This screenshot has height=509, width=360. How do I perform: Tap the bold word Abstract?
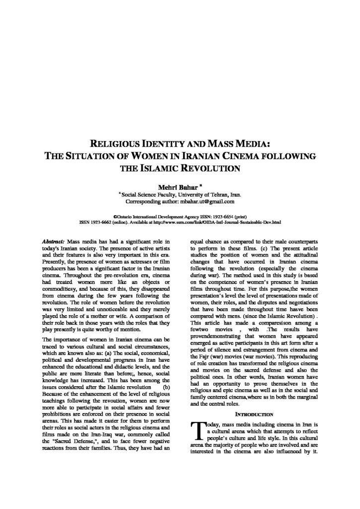pyautogui.click(x=53, y=241)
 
